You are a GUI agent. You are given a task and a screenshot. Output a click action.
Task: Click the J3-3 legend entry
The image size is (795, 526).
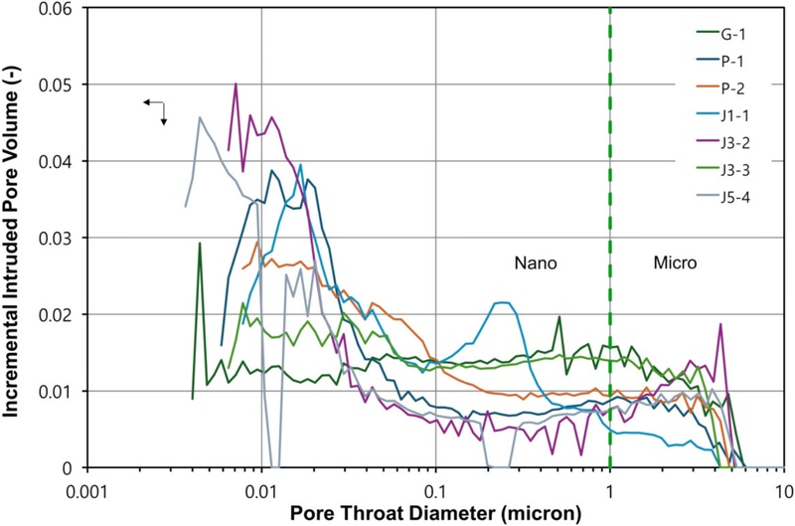(x=738, y=162)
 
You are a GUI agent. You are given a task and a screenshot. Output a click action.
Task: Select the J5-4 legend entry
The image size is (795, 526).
(x=738, y=189)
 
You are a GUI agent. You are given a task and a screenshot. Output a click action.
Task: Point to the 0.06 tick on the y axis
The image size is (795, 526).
(x=62, y=8)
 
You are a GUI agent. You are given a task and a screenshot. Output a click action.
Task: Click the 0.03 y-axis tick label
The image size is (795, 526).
(x=62, y=238)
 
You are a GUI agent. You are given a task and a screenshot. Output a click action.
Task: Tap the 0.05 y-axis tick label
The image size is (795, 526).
(x=62, y=85)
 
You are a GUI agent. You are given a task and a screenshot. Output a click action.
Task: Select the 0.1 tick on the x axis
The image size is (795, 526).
(x=435, y=490)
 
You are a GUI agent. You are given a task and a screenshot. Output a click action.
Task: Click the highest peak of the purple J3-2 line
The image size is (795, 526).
(x=236, y=84)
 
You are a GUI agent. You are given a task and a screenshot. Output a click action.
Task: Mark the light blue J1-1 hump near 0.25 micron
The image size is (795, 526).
(x=502, y=302)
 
